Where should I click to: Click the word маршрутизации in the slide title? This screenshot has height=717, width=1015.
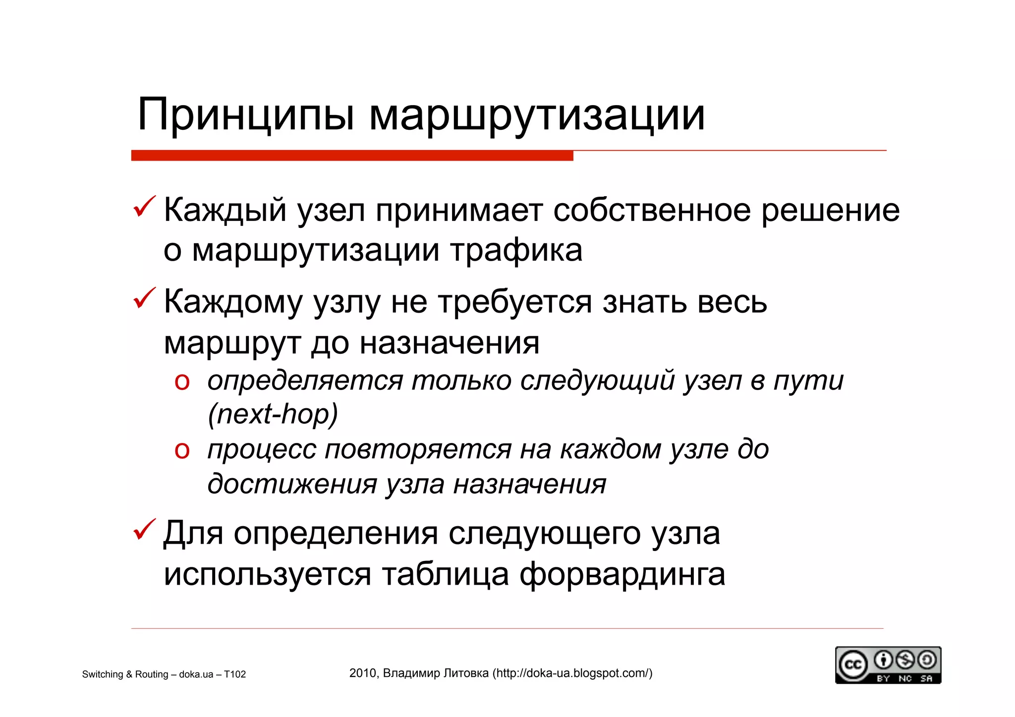537,116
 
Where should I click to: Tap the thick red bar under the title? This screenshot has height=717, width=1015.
352,156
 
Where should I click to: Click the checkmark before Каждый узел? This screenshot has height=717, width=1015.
144,207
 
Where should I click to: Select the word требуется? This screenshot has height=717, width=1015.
515,302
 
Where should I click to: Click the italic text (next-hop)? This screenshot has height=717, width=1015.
273,414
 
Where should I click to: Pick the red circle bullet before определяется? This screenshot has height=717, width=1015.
182,382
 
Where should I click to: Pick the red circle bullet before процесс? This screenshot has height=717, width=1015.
182,450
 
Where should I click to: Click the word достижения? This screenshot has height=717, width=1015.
292,484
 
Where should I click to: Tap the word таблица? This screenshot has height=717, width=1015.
446,574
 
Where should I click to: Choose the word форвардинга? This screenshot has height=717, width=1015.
622,574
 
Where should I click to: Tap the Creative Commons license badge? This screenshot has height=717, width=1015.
888,665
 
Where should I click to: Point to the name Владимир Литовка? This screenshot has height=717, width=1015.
436,673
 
